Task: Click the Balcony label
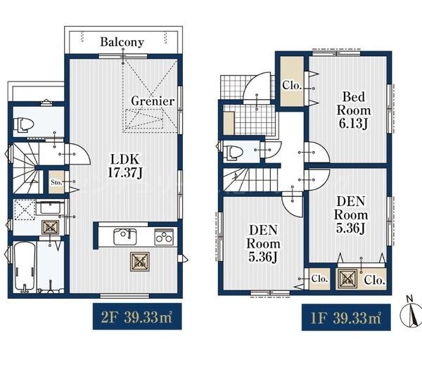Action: tap(122, 42)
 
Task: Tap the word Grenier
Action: tap(153, 101)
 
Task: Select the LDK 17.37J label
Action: tap(125, 166)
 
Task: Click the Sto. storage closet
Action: tap(56, 182)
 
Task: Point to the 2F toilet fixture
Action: tap(23, 124)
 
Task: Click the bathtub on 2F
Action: tap(25, 267)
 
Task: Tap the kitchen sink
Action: tap(125, 237)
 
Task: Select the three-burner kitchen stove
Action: tap(164, 237)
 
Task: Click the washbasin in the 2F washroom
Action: tap(50, 207)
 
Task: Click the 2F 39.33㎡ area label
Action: tap(137, 316)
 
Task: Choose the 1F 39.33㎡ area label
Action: tap(346, 318)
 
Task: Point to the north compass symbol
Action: tap(411, 313)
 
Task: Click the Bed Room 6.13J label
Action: tap(354, 110)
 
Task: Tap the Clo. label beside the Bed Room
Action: tap(292, 85)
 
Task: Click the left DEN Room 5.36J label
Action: tap(263, 244)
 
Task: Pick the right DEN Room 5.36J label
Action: tap(351, 214)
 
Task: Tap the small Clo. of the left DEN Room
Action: tap(319, 279)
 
